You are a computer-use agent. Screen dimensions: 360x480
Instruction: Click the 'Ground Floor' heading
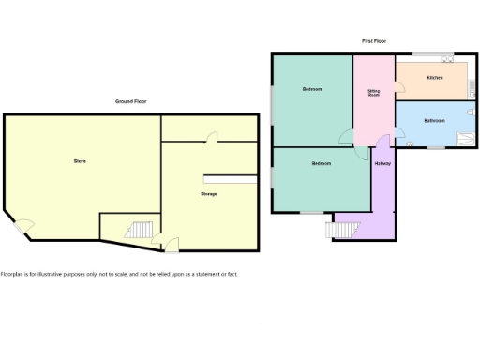[x=130, y=101]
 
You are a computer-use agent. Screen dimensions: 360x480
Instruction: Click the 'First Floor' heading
[x=374, y=41]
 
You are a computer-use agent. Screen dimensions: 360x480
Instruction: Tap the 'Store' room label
[x=80, y=161]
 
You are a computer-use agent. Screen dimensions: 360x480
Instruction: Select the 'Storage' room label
[x=209, y=193]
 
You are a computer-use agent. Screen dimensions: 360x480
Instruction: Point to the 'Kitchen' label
[x=435, y=77]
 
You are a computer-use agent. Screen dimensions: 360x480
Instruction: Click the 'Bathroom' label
[x=434, y=121]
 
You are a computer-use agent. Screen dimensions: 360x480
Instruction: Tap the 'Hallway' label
[x=382, y=164]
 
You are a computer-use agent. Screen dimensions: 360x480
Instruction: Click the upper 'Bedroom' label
[x=312, y=89]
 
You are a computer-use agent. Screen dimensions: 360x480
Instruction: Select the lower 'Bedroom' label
[x=322, y=164]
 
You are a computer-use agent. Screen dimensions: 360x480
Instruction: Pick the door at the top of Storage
[x=211, y=138]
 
